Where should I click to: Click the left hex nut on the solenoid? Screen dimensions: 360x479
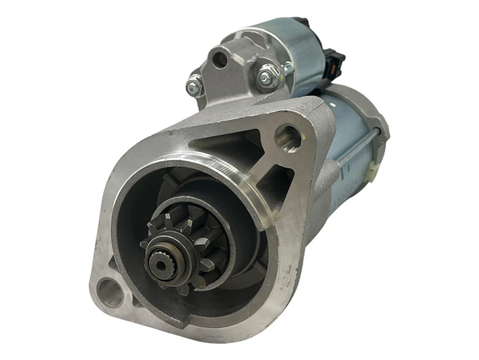click(x=195, y=84)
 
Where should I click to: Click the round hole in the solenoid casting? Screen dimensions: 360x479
click(x=220, y=60)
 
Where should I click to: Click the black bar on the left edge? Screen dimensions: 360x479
click(x=36, y=180)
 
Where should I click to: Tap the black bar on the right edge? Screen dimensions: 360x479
click(x=443, y=180)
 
